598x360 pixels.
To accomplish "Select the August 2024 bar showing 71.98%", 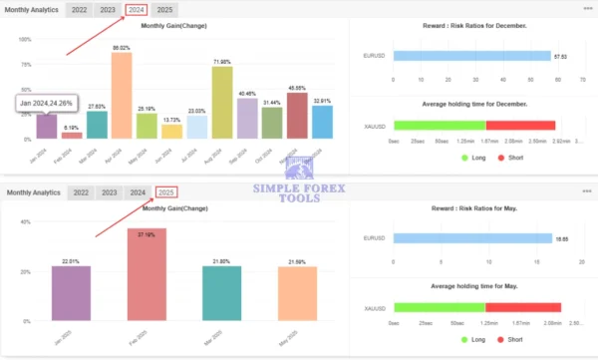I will pyautogui.click(x=222, y=104).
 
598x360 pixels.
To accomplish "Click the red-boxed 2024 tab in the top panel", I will pyautogui.click(x=137, y=10).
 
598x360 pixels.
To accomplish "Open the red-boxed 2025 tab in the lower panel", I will pyautogui.click(x=166, y=192).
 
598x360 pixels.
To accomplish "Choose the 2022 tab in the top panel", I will pyautogui.click(x=79, y=10).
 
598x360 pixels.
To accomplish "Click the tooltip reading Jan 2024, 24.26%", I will pyautogui.click(x=45, y=103).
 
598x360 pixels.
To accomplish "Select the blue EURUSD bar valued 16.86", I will pyautogui.click(x=472, y=238).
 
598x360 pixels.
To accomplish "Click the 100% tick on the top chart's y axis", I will pyautogui.click(x=25, y=40).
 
